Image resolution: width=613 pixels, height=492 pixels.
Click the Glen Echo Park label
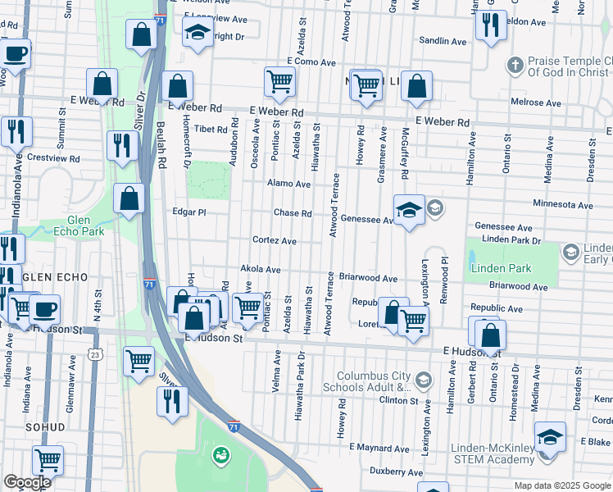pos(85,225)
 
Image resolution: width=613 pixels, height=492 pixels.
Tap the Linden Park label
pos(501,268)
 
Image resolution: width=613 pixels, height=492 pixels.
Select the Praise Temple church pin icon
pos(515,65)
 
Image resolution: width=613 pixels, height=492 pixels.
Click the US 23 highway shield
pos(95,354)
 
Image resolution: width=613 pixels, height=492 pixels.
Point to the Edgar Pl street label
pos(189,212)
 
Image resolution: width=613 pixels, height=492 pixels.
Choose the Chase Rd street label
pos(292,213)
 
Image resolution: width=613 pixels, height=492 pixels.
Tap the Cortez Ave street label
pos(275,241)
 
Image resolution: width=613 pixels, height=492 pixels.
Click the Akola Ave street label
pos(260,269)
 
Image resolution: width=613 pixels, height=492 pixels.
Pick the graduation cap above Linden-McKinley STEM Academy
pos(550,438)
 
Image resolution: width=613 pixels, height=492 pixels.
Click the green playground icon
pos(220,454)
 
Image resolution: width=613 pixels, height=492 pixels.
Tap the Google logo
pos(27,482)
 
